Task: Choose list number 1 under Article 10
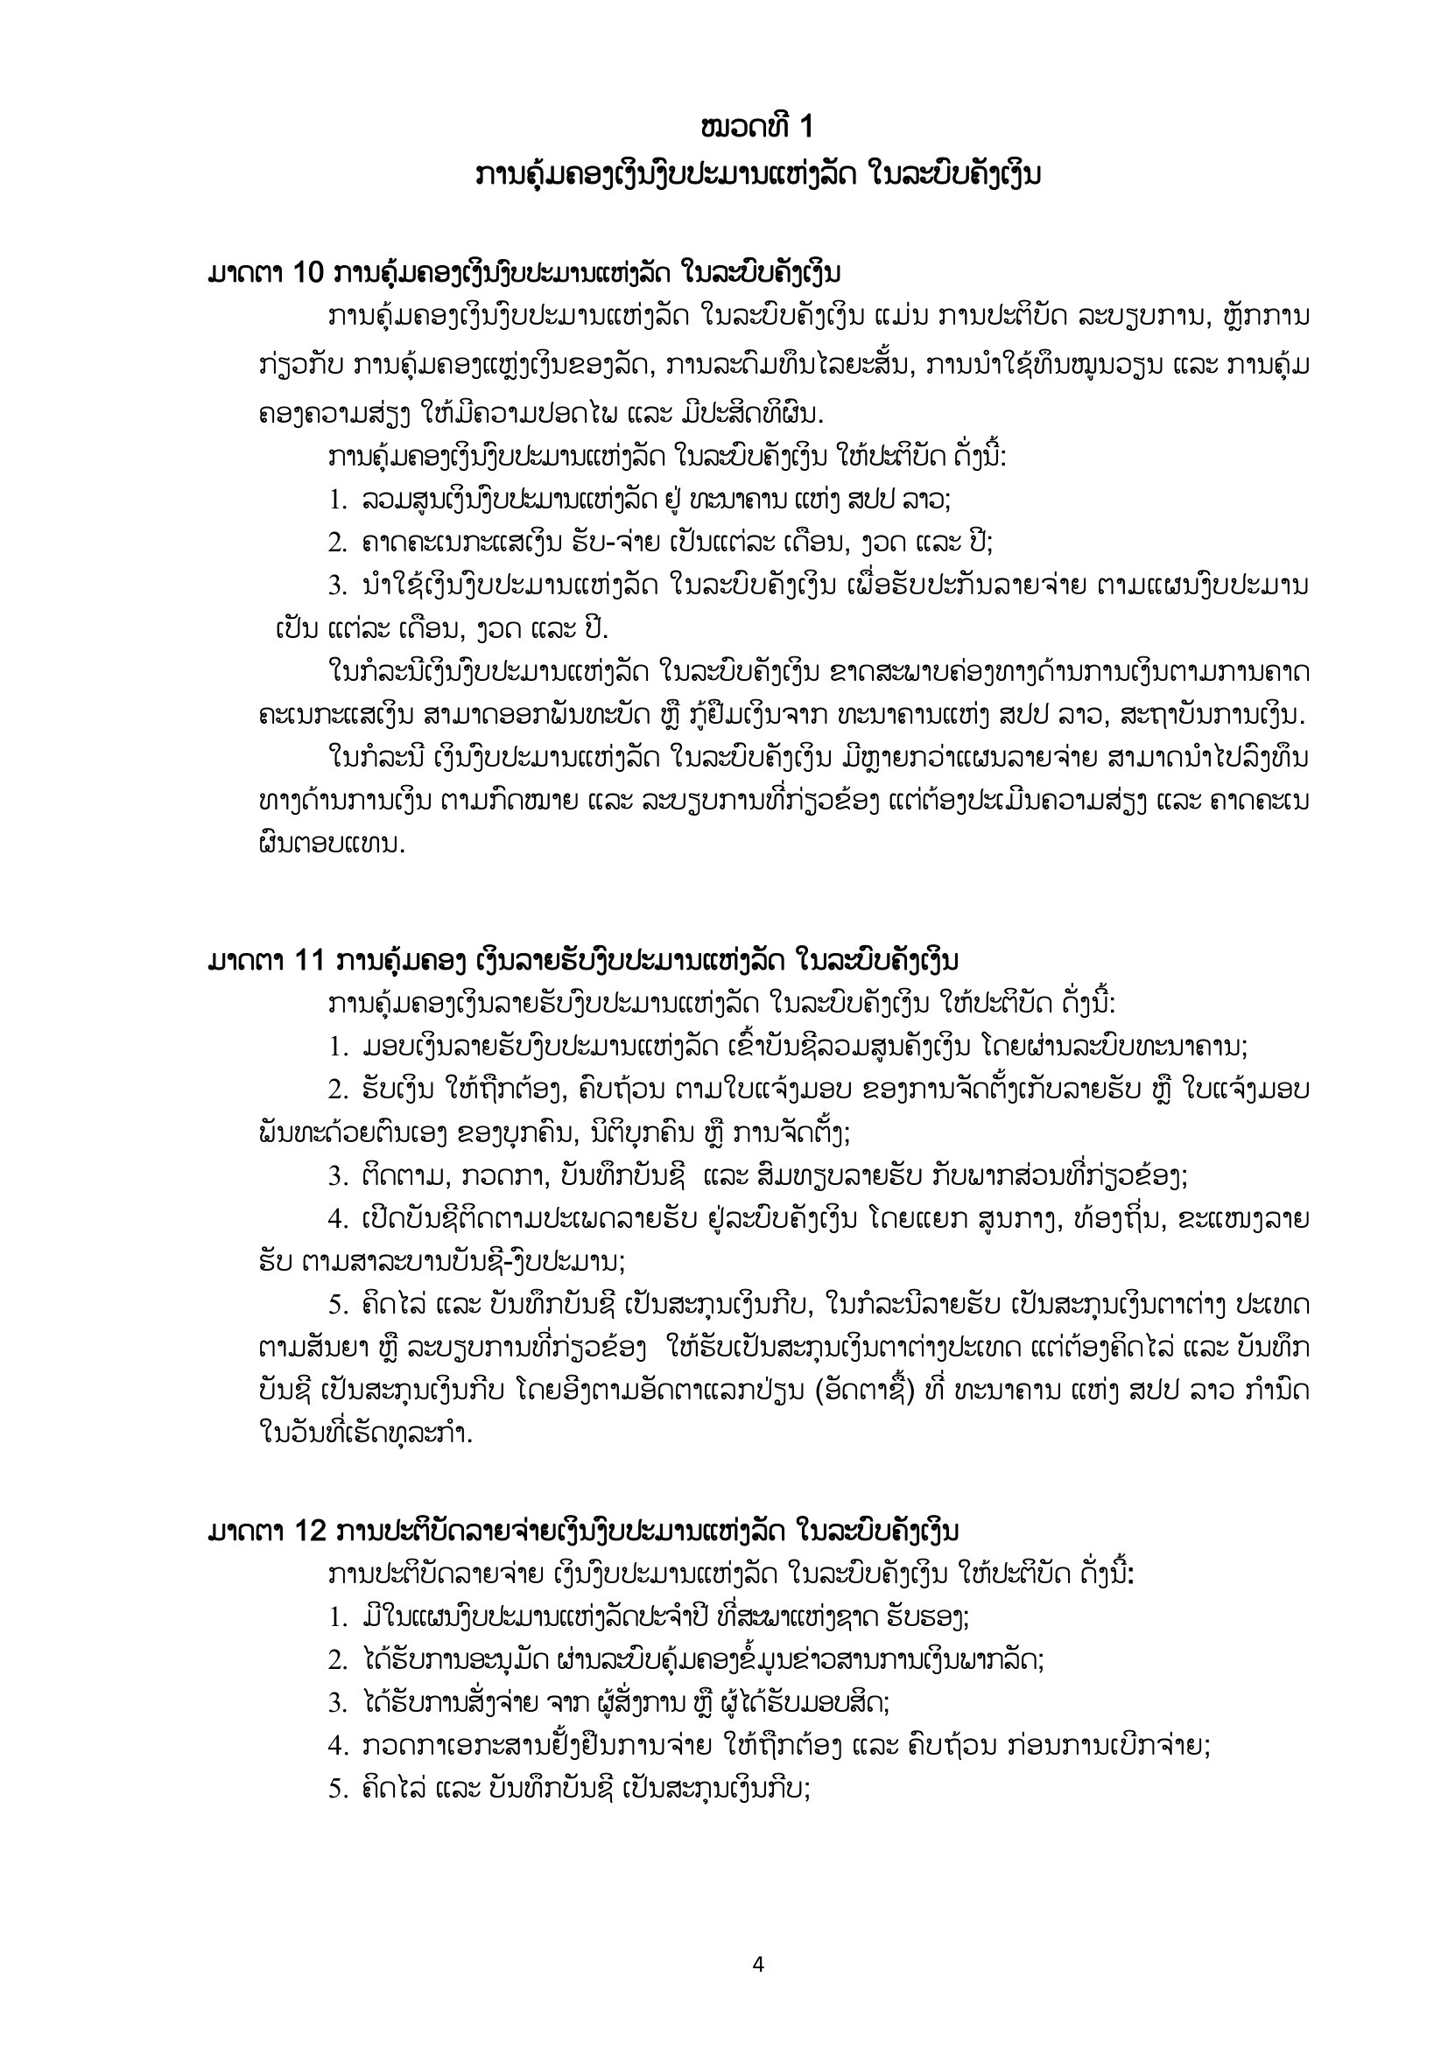point(336,501)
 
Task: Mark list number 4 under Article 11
point(336,1219)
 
